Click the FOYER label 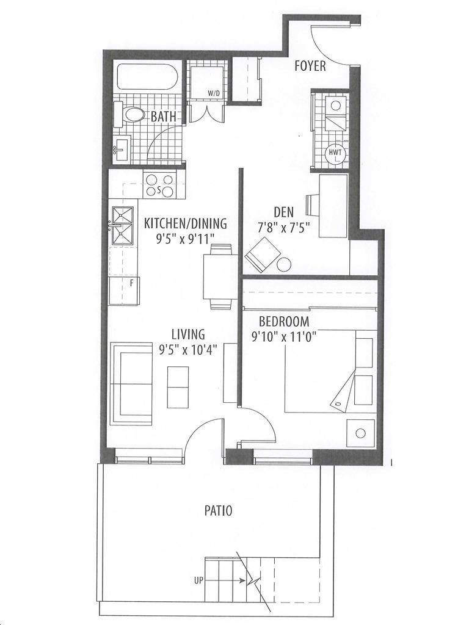(310, 66)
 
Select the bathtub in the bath (147, 76)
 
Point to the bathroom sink (122, 149)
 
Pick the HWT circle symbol (335, 153)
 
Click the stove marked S (159, 186)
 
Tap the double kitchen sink (123, 226)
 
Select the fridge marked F (124, 291)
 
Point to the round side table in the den (284, 264)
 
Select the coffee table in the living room (178, 386)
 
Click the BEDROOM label (284, 321)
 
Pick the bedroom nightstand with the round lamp (360, 433)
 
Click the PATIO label (218, 511)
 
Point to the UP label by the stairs (198, 581)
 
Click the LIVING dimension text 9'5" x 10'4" (188, 350)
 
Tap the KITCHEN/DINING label (186, 223)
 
